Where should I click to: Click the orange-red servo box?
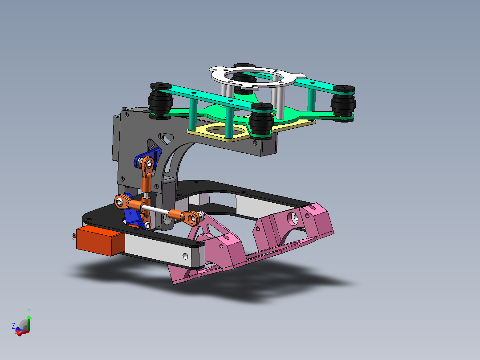coord(100,241)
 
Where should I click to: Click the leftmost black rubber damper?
coord(160,101)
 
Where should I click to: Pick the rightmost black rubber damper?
coord(343,103)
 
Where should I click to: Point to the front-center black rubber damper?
coord(261,121)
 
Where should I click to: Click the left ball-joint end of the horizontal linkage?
coord(122,201)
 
